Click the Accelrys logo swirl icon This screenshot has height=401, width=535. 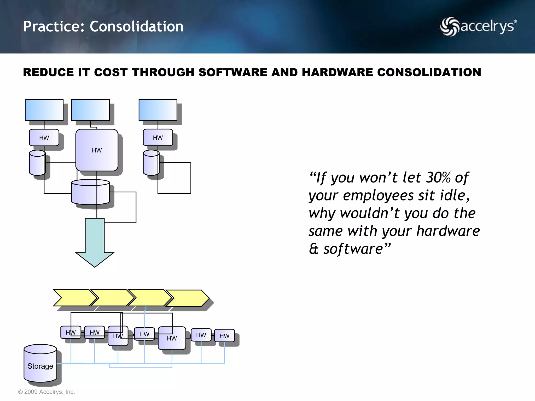[x=450, y=27]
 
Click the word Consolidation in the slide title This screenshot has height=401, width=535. [x=137, y=27]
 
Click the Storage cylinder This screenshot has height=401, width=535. [x=40, y=363]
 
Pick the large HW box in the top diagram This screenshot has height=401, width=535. [x=97, y=150]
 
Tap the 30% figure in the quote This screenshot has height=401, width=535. [x=438, y=178]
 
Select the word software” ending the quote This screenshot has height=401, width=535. [x=357, y=249]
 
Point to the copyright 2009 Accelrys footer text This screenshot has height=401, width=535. [x=46, y=392]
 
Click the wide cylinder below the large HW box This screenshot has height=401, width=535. [x=90, y=192]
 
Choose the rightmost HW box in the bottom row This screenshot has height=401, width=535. [x=224, y=336]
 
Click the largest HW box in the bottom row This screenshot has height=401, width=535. [x=172, y=338]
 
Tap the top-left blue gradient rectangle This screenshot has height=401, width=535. [x=44, y=110]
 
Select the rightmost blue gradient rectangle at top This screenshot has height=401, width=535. [x=158, y=110]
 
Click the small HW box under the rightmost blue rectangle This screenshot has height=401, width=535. [x=158, y=138]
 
